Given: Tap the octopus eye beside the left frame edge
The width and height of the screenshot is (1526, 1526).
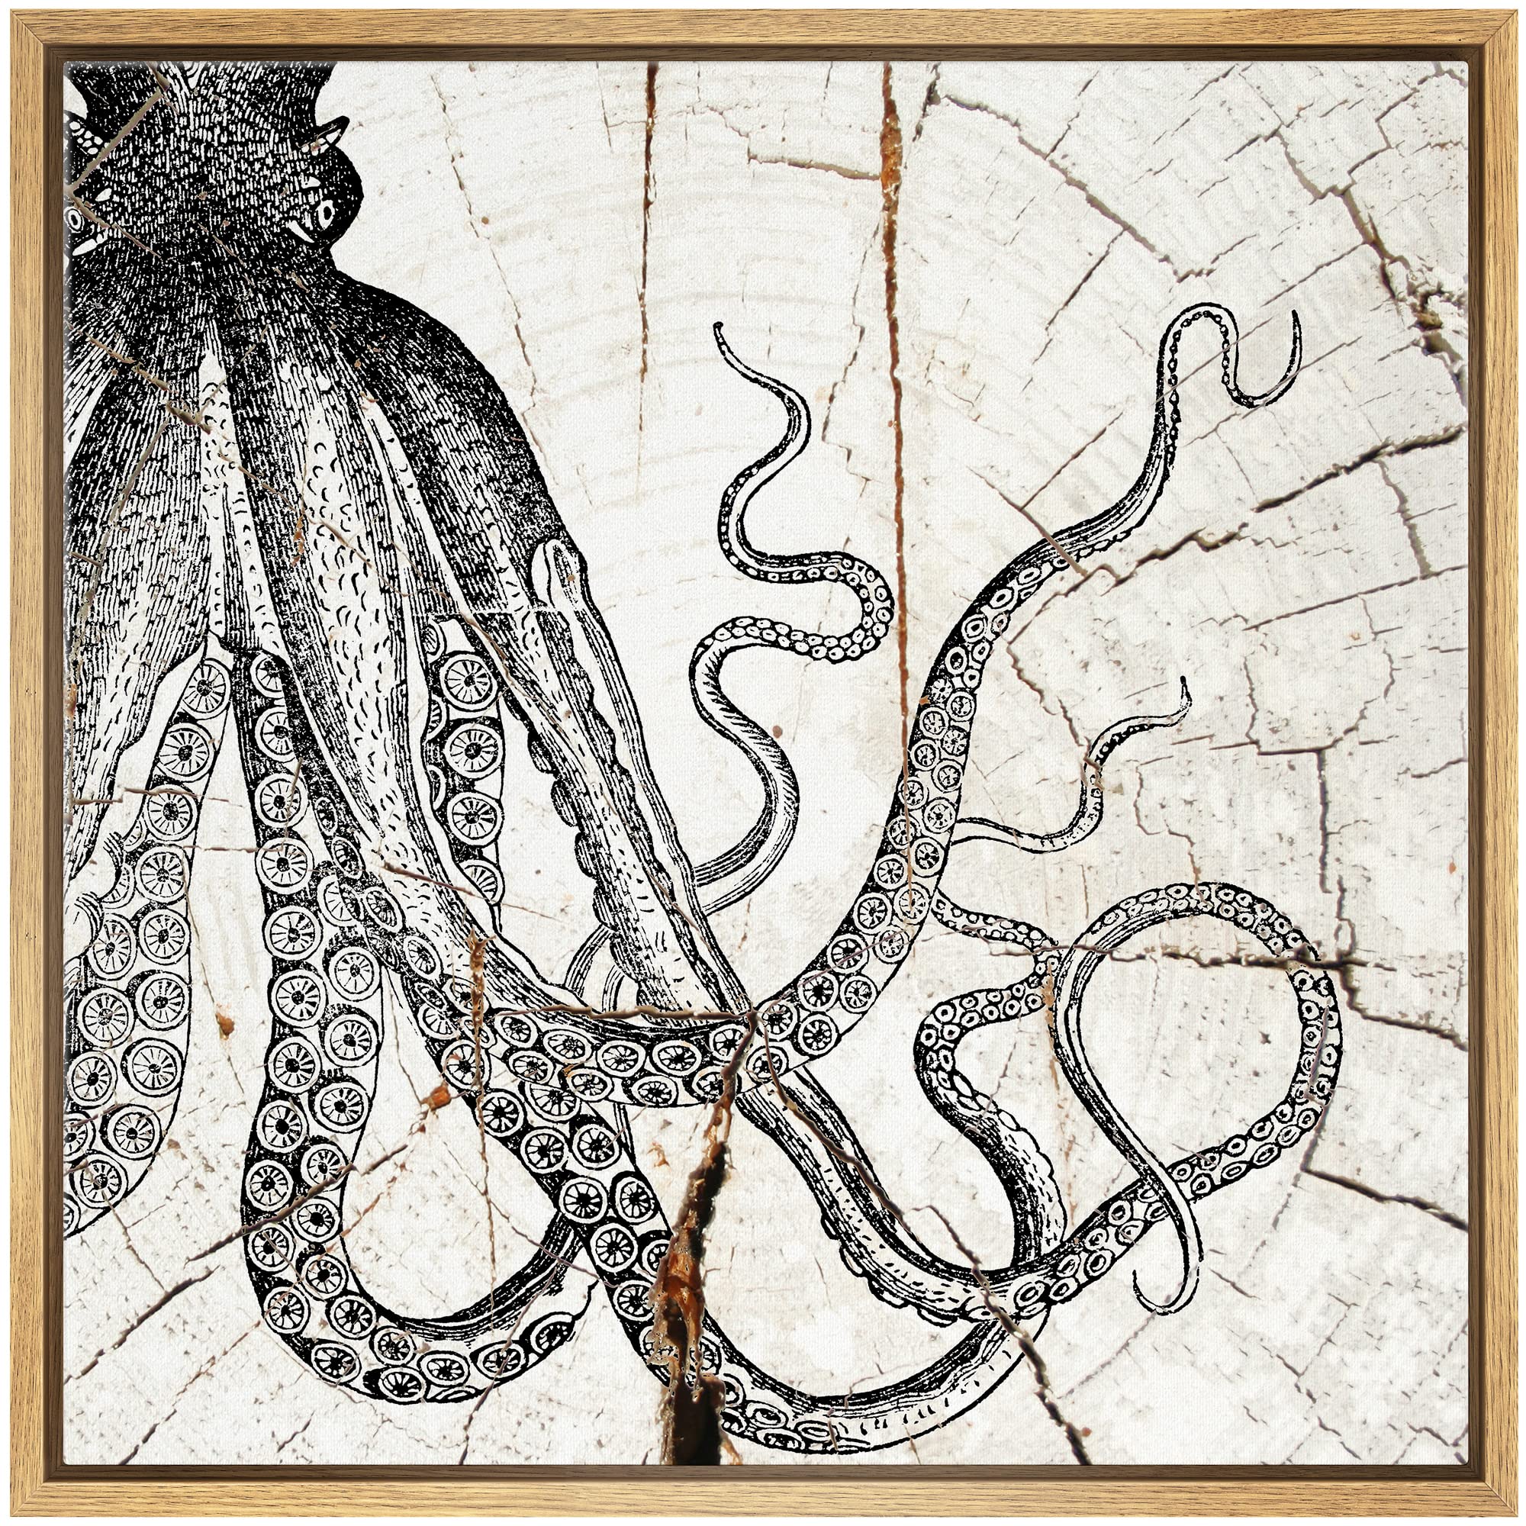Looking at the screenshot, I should point(77,215).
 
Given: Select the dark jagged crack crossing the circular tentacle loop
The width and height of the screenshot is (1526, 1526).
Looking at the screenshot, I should point(1296,965).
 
